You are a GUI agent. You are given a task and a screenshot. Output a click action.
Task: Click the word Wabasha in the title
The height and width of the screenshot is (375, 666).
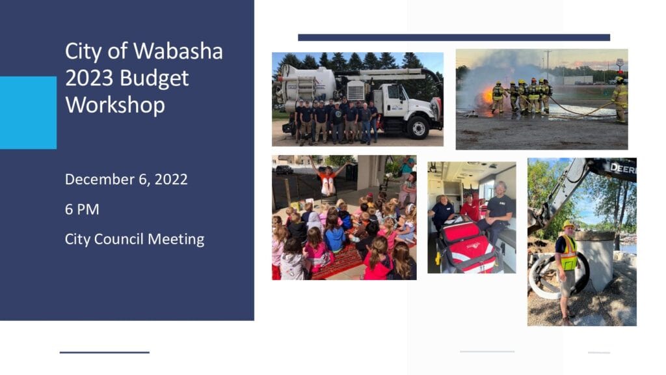click(x=178, y=51)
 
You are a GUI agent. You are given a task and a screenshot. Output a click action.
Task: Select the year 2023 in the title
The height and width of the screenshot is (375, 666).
click(x=89, y=78)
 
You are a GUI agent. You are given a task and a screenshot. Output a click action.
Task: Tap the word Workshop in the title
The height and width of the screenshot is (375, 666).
click(x=115, y=105)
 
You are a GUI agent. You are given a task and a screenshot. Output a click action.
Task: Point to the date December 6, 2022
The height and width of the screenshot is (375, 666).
click(x=126, y=179)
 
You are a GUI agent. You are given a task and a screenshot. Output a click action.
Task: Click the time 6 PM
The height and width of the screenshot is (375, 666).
click(x=82, y=209)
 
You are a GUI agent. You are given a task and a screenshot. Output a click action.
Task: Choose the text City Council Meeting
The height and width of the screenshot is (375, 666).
click(x=135, y=239)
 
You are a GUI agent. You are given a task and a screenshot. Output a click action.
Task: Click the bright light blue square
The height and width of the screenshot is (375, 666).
click(x=28, y=113)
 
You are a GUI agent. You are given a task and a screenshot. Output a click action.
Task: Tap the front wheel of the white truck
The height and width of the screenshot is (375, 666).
click(x=418, y=127)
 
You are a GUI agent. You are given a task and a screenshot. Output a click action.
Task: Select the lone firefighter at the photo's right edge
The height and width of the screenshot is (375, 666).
click(x=620, y=100)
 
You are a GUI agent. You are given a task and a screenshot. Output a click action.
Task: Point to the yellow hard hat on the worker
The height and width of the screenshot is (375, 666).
click(x=568, y=224)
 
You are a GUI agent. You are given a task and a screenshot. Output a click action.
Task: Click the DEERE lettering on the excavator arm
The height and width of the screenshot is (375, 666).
click(x=623, y=169)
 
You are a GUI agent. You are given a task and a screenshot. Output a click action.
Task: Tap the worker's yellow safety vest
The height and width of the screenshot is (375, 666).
click(x=568, y=254)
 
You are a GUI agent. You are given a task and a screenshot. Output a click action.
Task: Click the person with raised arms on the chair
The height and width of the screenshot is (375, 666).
click(x=327, y=176)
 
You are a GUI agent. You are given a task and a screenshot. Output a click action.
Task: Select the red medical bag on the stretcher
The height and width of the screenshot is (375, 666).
click(x=468, y=247)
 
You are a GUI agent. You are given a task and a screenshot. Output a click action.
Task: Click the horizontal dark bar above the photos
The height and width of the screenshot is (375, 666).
click(x=454, y=37)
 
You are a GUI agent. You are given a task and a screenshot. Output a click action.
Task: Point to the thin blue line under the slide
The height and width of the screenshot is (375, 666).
click(x=105, y=352)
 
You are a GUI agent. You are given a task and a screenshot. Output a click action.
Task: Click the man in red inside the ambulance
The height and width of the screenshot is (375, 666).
click(x=470, y=208)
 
